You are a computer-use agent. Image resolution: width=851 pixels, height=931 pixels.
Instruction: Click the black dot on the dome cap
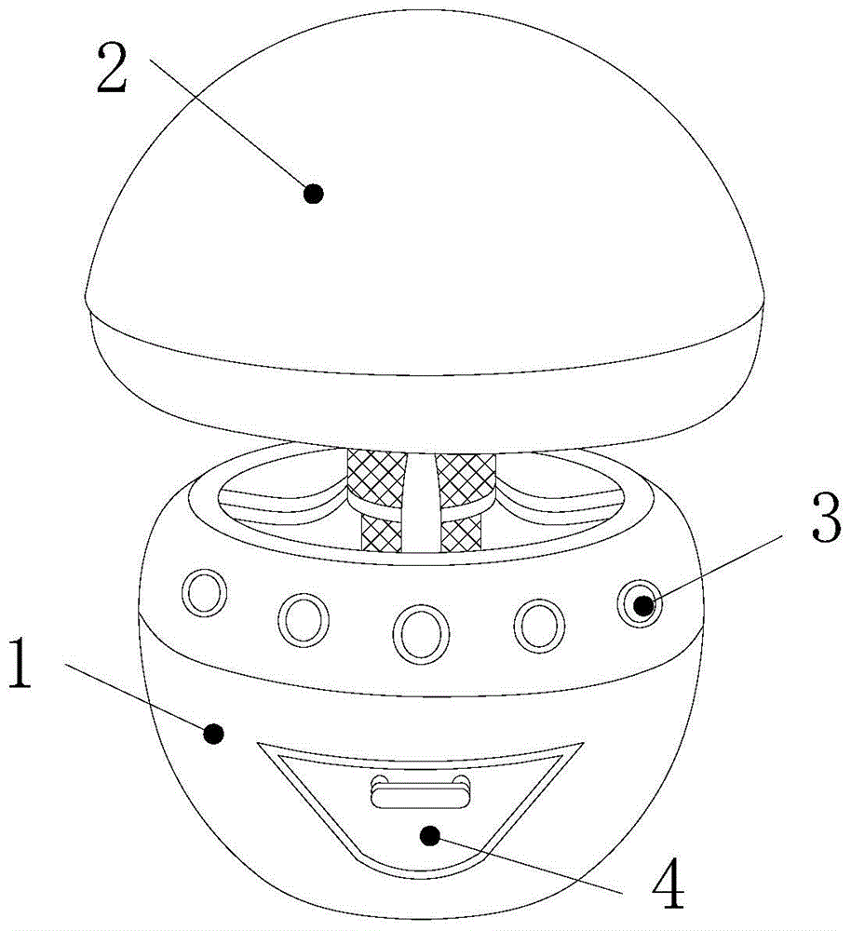tap(314, 194)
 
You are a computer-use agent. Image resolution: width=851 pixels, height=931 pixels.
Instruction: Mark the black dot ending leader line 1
tap(214, 735)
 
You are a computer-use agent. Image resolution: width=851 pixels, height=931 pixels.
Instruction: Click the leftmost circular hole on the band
tap(204, 592)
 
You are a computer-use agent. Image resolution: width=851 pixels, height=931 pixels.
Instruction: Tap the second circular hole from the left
tap(303, 618)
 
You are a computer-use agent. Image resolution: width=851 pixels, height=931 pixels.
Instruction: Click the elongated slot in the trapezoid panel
tap(421, 794)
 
